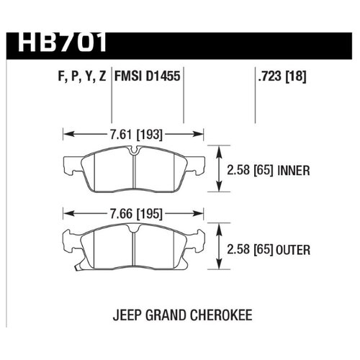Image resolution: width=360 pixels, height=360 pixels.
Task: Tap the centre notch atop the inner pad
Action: (x=135, y=150)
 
